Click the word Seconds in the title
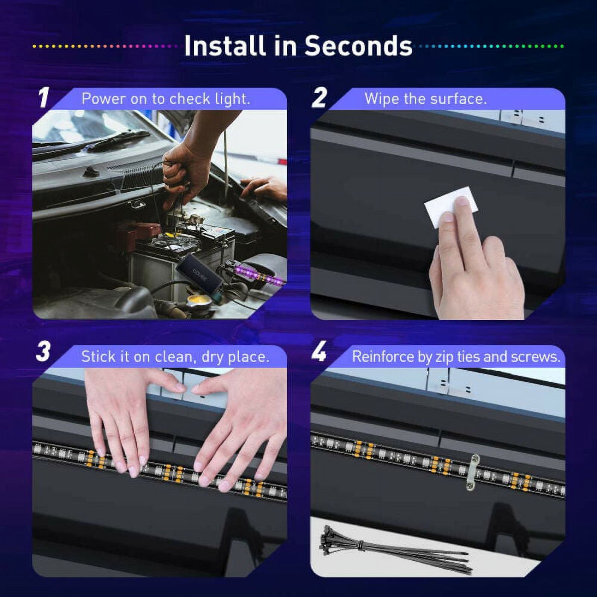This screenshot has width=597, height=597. (x=359, y=46)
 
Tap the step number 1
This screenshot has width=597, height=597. (x=44, y=98)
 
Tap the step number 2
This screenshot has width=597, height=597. (x=319, y=98)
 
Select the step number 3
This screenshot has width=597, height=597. (x=43, y=351)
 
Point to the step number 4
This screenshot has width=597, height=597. (x=319, y=351)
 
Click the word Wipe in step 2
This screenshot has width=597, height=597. (x=380, y=99)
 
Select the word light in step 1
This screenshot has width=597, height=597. (x=232, y=99)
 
